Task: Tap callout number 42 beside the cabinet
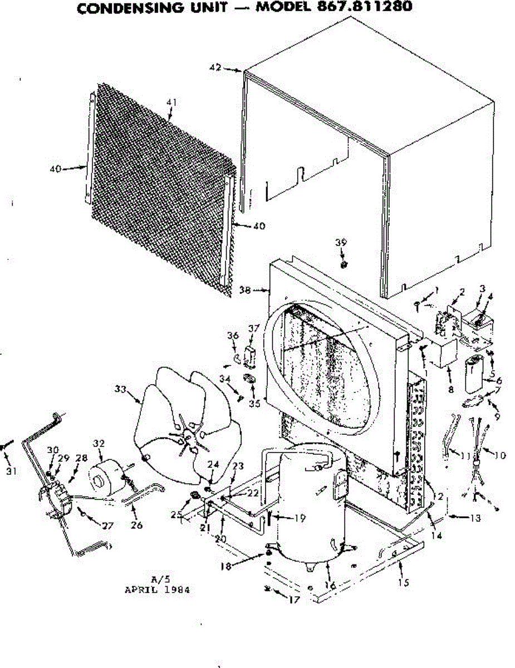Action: click(x=215, y=68)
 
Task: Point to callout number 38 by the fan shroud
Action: click(x=244, y=289)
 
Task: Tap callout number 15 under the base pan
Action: click(x=404, y=582)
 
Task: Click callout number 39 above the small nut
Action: click(x=341, y=242)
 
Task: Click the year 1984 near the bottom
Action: click(x=178, y=590)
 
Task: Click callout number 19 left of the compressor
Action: click(x=300, y=518)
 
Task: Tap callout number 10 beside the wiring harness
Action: click(x=499, y=455)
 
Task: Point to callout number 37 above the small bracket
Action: click(x=254, y=328)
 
